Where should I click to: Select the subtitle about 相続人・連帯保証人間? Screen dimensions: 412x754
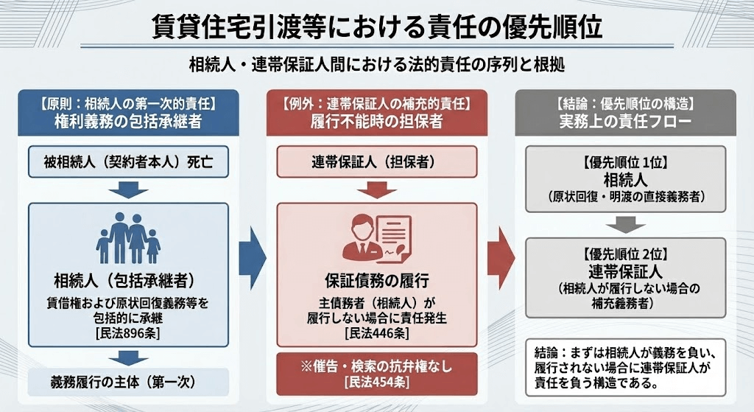click(x=376, y=65)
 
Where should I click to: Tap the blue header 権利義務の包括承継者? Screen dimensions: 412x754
click(x=126, y=121)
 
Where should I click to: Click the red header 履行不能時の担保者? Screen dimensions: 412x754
click(x=376, y=121)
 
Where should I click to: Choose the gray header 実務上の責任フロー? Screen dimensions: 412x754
click(x=625, y=121)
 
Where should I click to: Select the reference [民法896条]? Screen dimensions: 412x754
click(x=127, y=334)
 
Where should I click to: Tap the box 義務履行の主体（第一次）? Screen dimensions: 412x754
click(x=126, y=383)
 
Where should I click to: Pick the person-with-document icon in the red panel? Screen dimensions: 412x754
click(x=376, y=237)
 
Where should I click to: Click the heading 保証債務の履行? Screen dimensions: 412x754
click(x=376, y=281)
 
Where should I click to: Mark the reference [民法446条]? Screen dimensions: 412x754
click(x=376, y=334)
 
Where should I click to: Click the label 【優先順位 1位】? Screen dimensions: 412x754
click(x=625, y=160)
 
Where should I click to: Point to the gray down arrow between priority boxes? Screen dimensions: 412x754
click(x=625, y=224)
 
